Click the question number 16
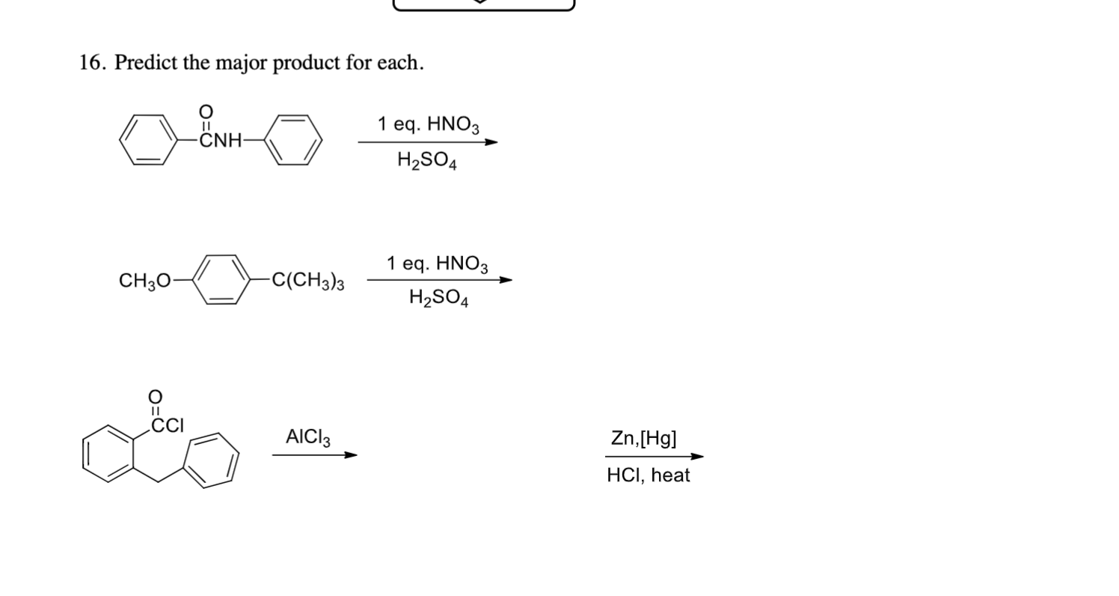92,63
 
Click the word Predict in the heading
145,63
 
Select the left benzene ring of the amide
149,139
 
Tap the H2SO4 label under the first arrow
427,160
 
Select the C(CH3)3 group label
307,281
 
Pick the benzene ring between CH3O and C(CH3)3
222,280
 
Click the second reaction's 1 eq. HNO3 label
437,264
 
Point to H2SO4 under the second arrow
438,298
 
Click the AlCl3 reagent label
307,437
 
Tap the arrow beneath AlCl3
314,454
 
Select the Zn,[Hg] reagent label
643,438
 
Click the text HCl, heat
648,475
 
